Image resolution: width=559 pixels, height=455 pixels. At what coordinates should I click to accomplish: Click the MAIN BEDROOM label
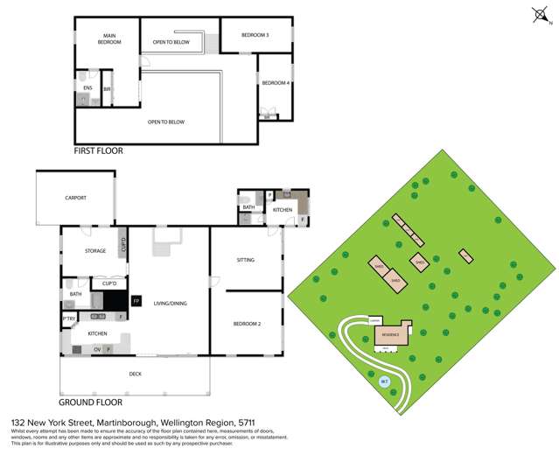click(108, 39)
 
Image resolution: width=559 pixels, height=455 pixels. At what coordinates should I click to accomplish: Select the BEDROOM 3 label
click(255, 35)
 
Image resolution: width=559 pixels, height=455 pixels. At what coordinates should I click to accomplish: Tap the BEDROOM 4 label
click(275, 83)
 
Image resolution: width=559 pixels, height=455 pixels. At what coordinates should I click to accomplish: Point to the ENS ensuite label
click(87, 88)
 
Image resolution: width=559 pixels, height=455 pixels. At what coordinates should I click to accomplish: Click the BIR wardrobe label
click(107, 89)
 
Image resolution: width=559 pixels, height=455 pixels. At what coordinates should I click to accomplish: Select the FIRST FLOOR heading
click(99, 150)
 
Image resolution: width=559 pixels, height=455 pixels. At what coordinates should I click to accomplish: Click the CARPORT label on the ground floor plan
click(76, 198)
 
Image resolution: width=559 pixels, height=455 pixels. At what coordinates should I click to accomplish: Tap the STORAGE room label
click(95, 251)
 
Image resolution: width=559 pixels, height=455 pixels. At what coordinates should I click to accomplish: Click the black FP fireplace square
click(136, 301)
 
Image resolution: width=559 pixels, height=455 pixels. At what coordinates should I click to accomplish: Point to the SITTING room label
click(246, 260)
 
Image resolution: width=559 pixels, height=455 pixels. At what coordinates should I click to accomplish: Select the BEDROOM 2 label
click(246, 325)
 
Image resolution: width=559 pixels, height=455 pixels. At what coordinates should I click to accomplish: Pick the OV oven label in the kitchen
click(96, 349)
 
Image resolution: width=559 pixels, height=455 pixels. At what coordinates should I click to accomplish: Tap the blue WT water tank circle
click(383, 381)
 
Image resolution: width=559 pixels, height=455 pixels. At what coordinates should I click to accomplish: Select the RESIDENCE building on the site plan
click(390, 334)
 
